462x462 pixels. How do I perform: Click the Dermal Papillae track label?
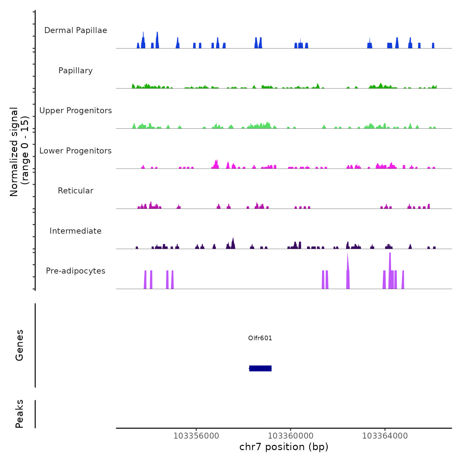pyautogui.click(x=76, y=30)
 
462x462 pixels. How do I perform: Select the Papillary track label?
pyautogui.click(x=76, y=71)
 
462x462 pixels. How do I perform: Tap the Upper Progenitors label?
pyautogui.click(x=76, y=111)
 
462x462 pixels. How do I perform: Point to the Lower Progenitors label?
pyautogui.click(x=76, y=151)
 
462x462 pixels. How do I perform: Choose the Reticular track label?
pyautogui.click(x=76, y=191)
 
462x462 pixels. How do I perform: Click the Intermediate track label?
pyautogui.click(x=76, y=231)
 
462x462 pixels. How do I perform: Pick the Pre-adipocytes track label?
pyautogui.click(x=76, y=271)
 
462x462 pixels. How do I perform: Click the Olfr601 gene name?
pyautogui.click(x=260, y=338)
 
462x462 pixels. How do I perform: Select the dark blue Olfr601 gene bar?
pyautogui.click(x=260, y=368)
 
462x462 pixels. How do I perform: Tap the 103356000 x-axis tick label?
pyautogui.click(x=196, y=436)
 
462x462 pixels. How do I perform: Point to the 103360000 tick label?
pyautogui.click(x=290, y=436)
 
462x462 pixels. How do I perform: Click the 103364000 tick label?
pyautogui.click(x=385, y=436)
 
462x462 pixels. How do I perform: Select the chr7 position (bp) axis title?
pyautogui.click(x=284, y=447)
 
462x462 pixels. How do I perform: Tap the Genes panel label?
pyautogui.click(x=19, y=345)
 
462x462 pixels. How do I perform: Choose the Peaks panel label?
pyautogui.click(x=19, y=414)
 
